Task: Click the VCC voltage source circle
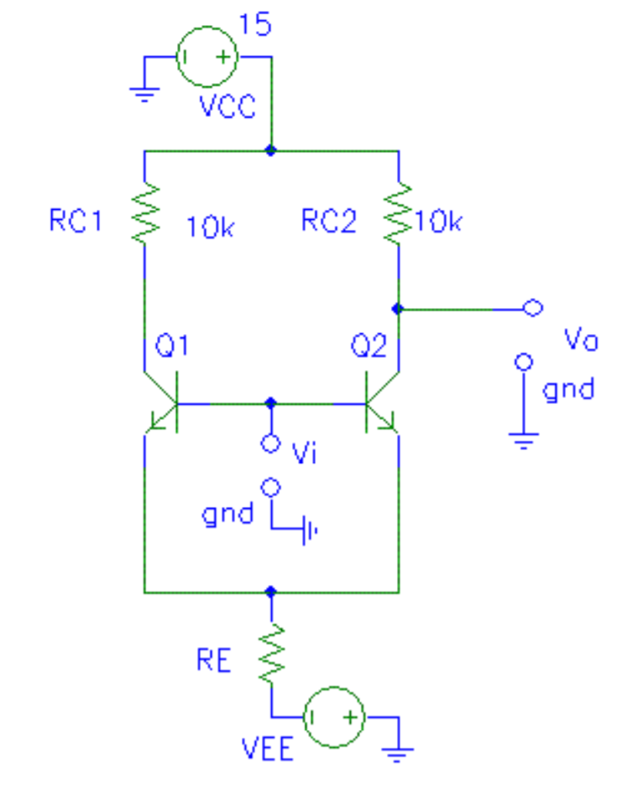(x=206, y=57)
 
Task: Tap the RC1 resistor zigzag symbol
(x=145, y=213)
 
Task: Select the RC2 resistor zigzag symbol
(x=399, y=213)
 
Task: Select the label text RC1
(x=76, y=222)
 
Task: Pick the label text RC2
(x=329, y=222)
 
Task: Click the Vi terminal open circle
(x=270, y=444)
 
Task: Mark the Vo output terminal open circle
(x=532, y=308)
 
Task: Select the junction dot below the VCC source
(x=270, y=151)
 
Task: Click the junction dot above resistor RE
(x=270, y=592)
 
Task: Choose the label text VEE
(x=268, y=749)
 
